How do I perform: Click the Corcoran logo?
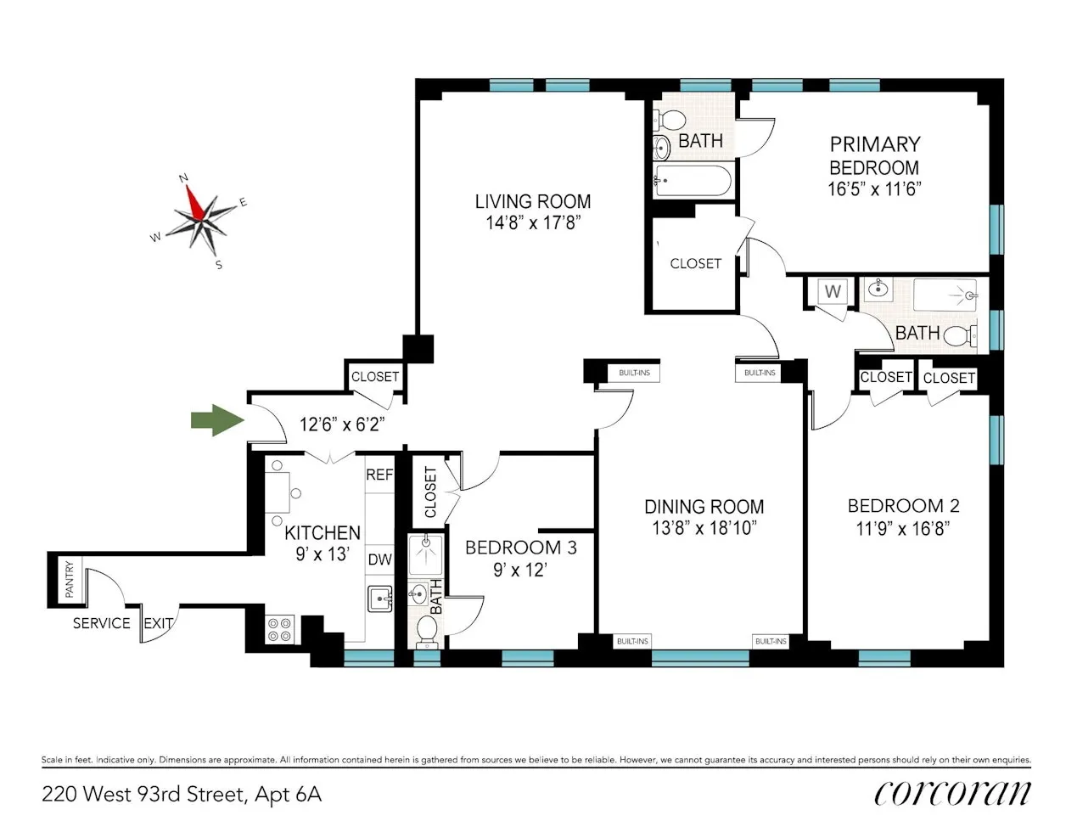click(x=952, y=793)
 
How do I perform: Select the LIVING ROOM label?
click(x=532, y=202)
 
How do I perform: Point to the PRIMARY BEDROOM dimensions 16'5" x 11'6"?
click(x=874, y=189)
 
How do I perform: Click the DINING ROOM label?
click(x=704, y=507)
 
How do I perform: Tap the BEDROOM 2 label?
click(x=903, y=506)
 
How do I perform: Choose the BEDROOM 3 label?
click(x=520, y=548)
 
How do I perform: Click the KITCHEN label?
click(x=322, y=533)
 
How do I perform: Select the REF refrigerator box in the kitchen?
click(x=379, y=475)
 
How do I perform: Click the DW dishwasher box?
click(x=379, y=560)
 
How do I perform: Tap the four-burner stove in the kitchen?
click(x=279, y=629)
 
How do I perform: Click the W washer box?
click(x=833, y=292)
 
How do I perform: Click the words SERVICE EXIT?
click(x=122, y=623)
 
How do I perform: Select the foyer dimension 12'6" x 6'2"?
click(x=341, y=424)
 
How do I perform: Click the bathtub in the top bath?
click(x=692, y=181)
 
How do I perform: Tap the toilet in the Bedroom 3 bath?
click(x=426, y=630)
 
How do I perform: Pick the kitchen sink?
click(x=379, y=599)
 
